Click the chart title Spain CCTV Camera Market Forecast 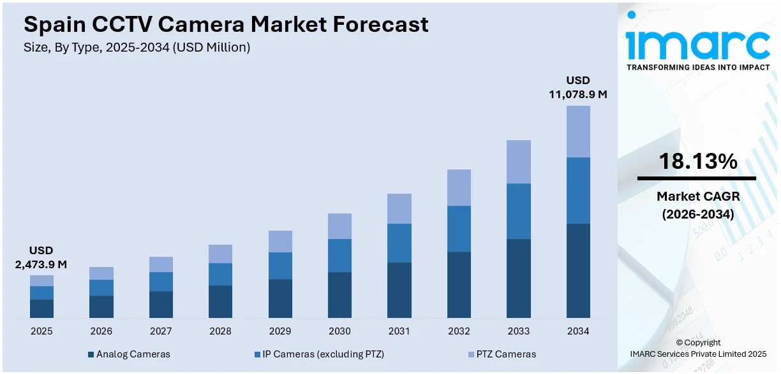coord(226,24)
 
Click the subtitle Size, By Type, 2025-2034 coord(137,47)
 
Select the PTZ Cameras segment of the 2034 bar coord(578,131)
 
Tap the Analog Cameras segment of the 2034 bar coord(578,270)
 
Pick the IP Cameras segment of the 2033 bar coord(518,211)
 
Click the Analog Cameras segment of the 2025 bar coord(41,308)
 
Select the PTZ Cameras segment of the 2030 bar coord(339,226)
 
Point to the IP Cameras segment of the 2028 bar coord(220,274)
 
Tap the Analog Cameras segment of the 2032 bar coord(459,284)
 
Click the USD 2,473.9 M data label coord(41,257)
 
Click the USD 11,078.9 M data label coord(578,87)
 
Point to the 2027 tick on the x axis coord(161,331)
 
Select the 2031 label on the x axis coord(399,331)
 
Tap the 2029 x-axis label coord(280,331)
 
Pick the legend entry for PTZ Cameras coord(503,354)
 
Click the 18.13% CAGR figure coord(697,162)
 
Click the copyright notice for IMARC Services coord(697,348)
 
